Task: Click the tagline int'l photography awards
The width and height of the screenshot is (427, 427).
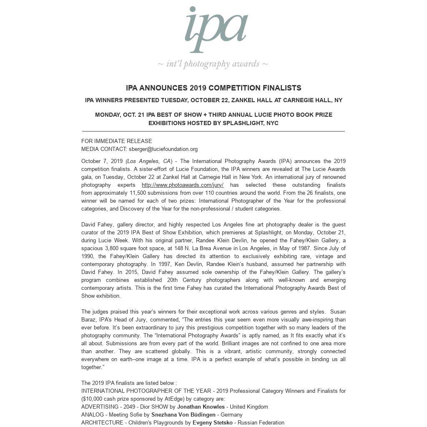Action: click(213, 64)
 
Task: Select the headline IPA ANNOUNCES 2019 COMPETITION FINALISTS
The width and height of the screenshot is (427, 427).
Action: click(213, 88)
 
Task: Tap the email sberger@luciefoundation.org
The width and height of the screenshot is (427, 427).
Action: click(163, 149)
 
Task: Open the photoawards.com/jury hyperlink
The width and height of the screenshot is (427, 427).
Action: click(183, 185)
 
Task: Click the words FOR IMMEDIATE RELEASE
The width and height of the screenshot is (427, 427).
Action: click(117, 141)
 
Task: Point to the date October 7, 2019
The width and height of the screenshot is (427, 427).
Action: click(102, 161)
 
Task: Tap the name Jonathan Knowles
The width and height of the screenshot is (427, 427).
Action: click(201, 407)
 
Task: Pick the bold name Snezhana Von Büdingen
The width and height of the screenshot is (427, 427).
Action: click(183, 414)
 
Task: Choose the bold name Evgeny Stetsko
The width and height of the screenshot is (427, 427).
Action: click(212, 422)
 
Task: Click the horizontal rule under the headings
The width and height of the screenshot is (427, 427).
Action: click(213, 131)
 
